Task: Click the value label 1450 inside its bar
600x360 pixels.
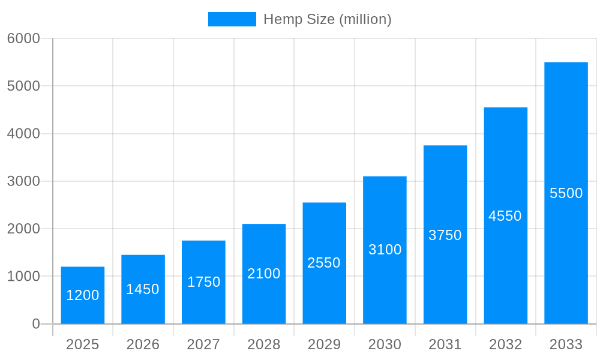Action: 143,289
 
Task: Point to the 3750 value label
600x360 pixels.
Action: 445,235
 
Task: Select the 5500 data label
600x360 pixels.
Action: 566,193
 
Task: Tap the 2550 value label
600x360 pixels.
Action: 324,263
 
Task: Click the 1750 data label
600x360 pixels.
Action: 203,282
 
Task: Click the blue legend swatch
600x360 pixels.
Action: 232,19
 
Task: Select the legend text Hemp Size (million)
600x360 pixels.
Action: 328,19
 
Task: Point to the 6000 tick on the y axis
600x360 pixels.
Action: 23,38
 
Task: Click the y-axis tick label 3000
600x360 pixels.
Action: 23,181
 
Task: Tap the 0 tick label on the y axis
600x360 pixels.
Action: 36,324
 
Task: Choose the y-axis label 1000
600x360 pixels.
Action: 23,277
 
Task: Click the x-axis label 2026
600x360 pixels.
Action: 143,344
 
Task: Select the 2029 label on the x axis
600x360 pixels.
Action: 324,344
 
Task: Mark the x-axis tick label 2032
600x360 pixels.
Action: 505,344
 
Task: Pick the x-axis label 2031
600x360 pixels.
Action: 445,344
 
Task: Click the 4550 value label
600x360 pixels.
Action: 505,216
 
